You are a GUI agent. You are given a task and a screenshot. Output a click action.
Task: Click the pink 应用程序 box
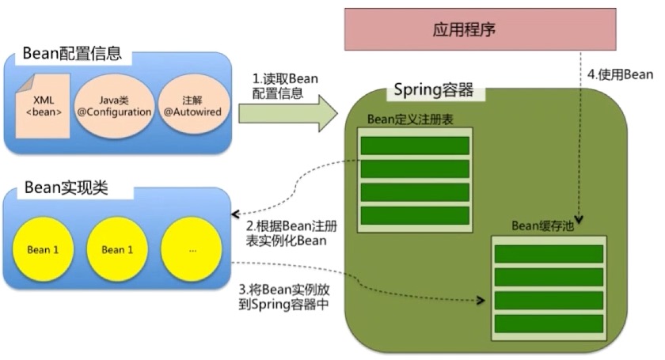[480, 29]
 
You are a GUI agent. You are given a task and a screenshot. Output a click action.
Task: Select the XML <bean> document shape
[43, 106]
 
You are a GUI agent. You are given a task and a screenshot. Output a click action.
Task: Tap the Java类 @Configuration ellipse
[114, 106]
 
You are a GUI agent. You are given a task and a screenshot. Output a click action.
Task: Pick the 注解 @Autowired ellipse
[192, 105]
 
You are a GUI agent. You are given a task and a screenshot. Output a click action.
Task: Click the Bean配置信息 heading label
[72, 54]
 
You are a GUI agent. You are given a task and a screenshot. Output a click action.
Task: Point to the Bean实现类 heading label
[66, 188]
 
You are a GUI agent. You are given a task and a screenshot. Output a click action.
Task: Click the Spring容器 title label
[434, 90]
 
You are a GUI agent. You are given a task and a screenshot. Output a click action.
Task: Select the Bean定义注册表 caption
[410, 119]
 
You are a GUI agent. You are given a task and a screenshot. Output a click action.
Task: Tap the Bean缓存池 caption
[542, 226]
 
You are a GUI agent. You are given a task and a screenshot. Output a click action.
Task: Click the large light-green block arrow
[288, 114]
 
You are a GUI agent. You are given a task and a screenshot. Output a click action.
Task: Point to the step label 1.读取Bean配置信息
[285, 85]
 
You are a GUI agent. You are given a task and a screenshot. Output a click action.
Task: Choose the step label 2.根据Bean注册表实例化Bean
[291, 233]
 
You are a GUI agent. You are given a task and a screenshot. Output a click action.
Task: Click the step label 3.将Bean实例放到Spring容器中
[284, 297]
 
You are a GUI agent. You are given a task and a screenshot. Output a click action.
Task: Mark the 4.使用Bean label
[620, 74]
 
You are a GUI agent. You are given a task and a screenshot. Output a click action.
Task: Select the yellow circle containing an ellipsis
[192, 249]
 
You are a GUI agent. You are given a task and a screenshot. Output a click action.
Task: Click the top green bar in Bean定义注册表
[415, 146]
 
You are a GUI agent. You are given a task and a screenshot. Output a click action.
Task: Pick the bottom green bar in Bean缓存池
[549, 324]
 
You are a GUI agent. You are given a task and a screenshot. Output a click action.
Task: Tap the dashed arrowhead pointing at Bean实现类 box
[235, 214]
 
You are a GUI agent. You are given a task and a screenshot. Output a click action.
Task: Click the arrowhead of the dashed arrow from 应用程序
[579, 219]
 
